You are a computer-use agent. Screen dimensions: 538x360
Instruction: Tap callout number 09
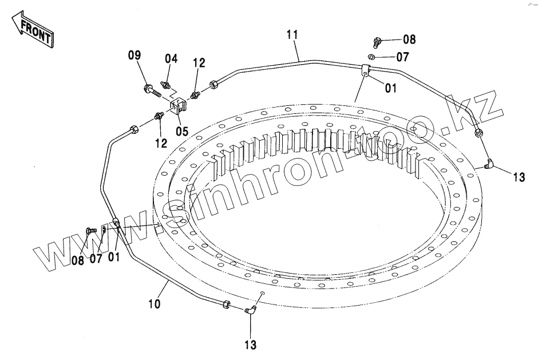click(134, 56)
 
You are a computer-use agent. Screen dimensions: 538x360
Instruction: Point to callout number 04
click(171, 58)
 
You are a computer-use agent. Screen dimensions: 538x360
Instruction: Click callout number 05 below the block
click(181, 130)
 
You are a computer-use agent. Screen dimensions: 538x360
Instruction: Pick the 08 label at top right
click(409, 40)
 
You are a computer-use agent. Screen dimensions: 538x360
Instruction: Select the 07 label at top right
click(403, 57)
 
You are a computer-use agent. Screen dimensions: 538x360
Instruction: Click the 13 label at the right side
click(519, 178)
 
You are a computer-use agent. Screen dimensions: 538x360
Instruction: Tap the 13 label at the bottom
click(251, 345)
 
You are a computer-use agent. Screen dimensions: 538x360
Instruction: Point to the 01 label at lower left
click(114, 258)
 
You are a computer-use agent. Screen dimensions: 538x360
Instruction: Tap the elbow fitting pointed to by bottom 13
click(250, 311)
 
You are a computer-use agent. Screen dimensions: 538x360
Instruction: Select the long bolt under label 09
click(150, 90)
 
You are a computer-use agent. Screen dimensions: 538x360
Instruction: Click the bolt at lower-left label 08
click(89, 231)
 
